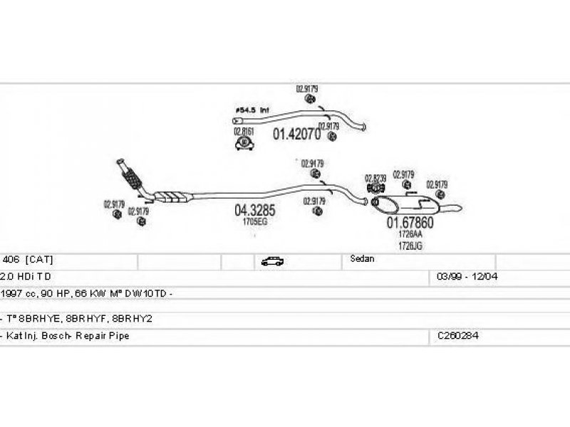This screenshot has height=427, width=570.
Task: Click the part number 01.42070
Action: [x=297, y=133]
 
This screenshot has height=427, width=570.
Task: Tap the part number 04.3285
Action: [x=254, y=211]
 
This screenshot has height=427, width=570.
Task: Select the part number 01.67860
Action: [x=410, y=222]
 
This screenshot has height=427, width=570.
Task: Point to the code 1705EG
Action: [x=254, y=222]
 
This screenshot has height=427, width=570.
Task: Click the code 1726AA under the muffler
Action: [x=410, y=234]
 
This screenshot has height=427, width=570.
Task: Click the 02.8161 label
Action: [x=244, y=132]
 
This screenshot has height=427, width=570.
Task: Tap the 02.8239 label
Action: [x=375, y=178]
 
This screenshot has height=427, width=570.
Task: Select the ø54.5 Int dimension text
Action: [x=252, y=111]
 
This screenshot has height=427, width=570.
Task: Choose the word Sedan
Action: [x=362, y=259]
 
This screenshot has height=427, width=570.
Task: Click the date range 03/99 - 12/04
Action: [x=457, y=275]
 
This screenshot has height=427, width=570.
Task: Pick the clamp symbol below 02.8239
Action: [x=375, y=188]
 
